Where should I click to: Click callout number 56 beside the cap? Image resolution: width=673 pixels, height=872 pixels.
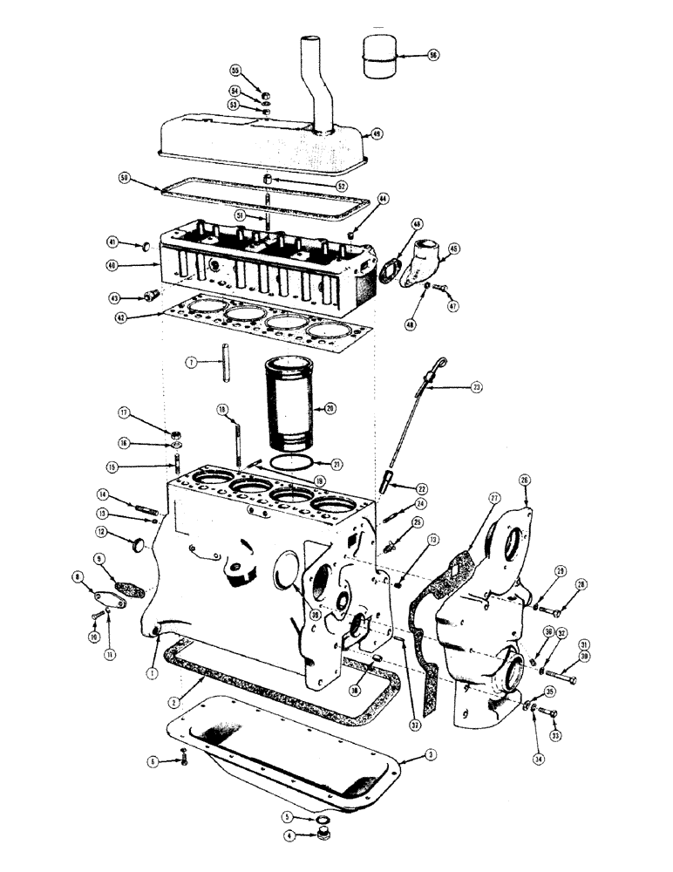pos(432,54)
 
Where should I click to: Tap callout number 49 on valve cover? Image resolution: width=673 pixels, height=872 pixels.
pos(377,133)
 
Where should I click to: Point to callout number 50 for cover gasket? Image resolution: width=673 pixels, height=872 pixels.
pos(125,177)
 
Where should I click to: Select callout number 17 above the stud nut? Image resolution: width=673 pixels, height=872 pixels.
pos(124,412)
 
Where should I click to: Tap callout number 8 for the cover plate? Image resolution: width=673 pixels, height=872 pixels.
pos(77,576)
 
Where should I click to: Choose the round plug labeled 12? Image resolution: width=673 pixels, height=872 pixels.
pos(136,544)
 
